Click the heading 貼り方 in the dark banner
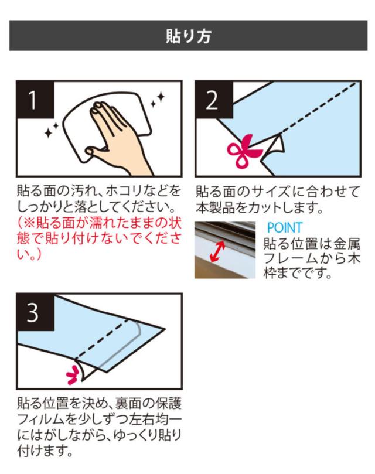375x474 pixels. pos(189,36)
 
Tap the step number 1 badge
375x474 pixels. pos(35,100)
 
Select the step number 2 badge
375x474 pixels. pos(214,100)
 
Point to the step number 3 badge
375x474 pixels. pos(35,312)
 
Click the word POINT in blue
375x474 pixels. pos(285,227)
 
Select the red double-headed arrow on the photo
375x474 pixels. pos(218,251)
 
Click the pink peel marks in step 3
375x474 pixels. pos(73,374)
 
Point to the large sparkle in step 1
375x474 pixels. pos(161,97)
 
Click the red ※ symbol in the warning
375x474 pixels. pos(29,223)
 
